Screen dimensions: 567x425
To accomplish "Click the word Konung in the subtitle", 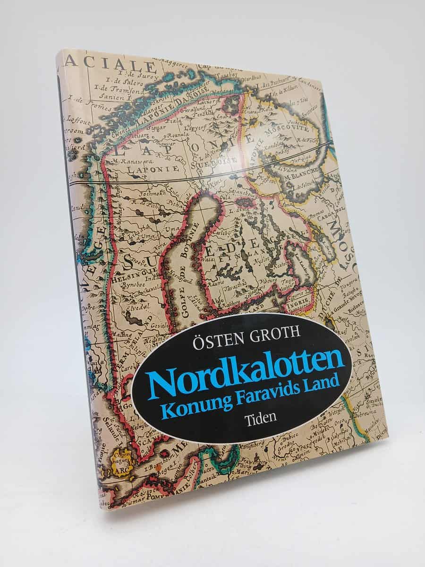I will point(190,403).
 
